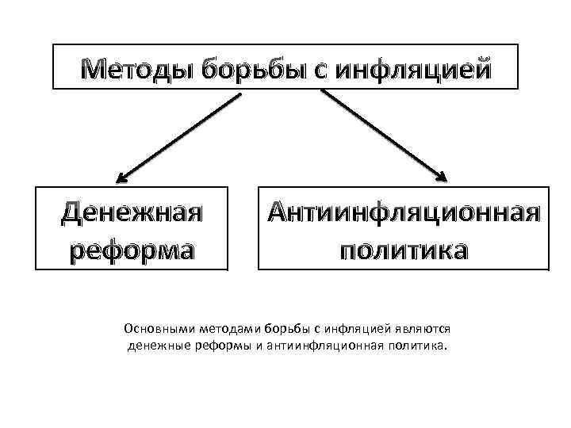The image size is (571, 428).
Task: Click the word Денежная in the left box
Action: (132, 212)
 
